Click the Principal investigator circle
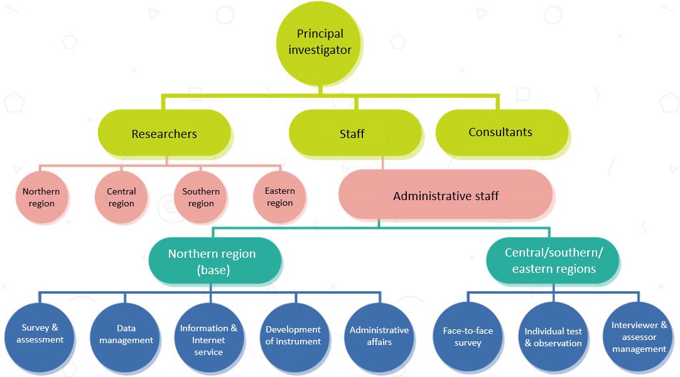click(x=320, y=43)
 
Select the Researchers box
click(x=164, y=134)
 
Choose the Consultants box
click(x=500, y=132)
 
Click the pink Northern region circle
click(x=41, y=197)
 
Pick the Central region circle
click(x=121, y=197)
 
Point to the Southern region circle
click(x=201, y=197)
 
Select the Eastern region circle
click(x=280, y=197)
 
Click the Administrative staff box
click(x=446, y=196)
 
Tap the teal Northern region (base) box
click(x=212, y=260)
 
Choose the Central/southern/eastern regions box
click(x=553, y=260)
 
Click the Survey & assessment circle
click(x=43, y=334)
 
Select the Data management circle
click(x=126, y=334)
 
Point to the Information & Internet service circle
click(x=208, y=339)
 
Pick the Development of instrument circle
click(x=293, y=336)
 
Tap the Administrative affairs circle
click(x=379, y=336)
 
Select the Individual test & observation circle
click(x=553, y=337)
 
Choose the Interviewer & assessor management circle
click(x=639, y=337)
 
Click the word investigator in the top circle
click(x=320, y=50)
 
